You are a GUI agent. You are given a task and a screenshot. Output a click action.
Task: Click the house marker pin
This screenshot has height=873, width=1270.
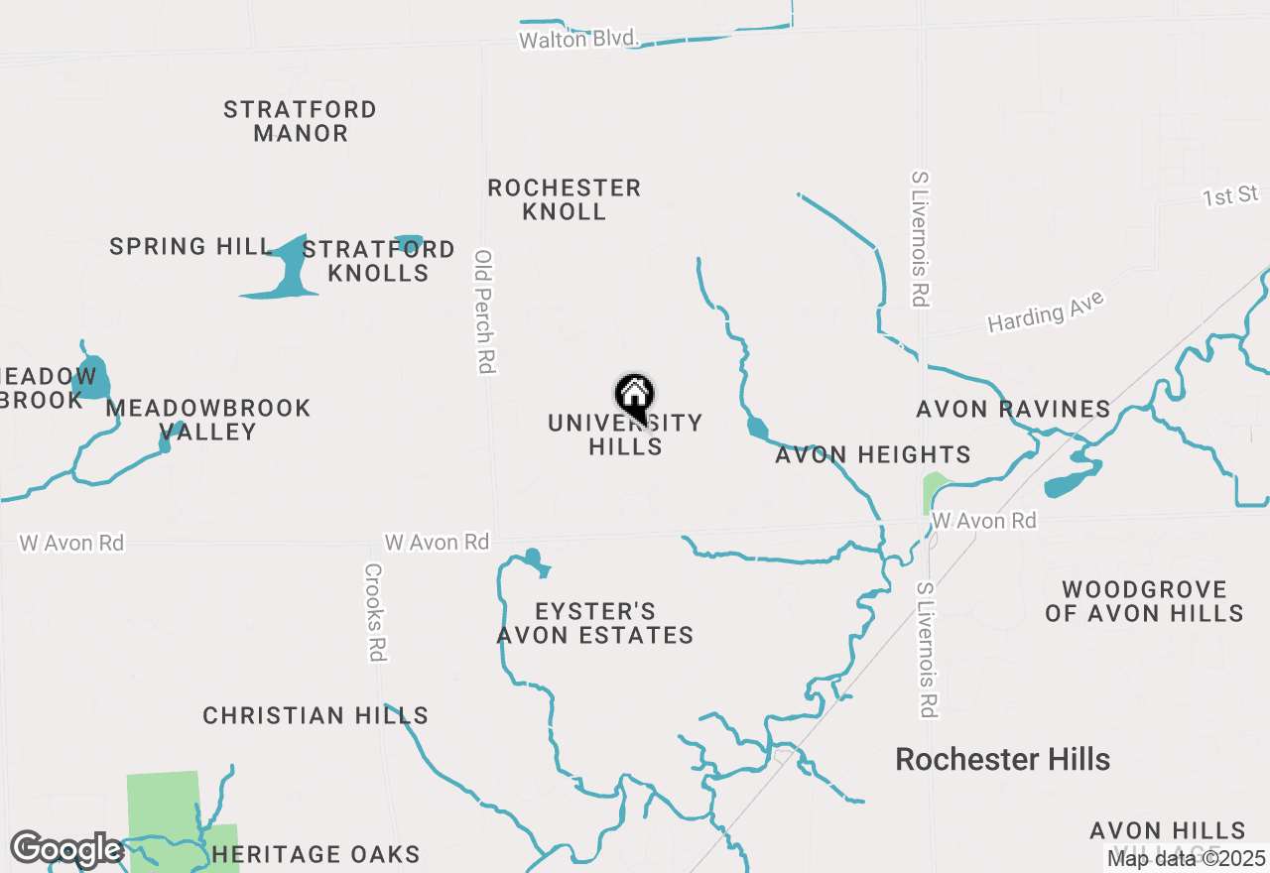[634, 396]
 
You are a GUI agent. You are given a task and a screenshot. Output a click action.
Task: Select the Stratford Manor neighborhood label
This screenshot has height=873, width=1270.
[300, 121]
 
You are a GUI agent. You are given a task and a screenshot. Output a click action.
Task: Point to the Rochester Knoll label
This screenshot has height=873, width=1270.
[564, 199]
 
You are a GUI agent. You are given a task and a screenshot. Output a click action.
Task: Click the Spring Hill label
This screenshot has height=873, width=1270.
[190, 246]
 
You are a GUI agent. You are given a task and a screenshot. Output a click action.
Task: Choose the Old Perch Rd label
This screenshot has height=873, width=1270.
[484, 311]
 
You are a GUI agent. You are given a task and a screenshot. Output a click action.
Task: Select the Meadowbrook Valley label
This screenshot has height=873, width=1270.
[208, 420]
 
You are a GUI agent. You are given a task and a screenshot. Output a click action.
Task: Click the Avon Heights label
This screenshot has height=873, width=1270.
[872, 455]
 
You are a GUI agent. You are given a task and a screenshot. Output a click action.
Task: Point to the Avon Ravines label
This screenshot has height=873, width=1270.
[1013, 409]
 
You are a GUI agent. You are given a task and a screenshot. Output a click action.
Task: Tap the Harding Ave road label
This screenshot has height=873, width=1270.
[1045, 312]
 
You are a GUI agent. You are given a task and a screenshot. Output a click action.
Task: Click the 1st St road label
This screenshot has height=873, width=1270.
[1230, 196]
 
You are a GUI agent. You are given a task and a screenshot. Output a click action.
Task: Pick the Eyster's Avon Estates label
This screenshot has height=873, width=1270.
[594, 623]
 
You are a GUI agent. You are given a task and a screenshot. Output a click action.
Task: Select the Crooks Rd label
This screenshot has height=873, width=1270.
[374, 612]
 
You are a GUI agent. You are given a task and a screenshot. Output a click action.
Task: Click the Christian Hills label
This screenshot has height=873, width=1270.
[316, 715]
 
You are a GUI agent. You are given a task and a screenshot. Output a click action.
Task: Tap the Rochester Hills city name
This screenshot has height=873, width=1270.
[1002, 760]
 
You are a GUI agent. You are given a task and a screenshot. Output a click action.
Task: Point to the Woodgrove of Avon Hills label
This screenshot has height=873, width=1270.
[1144, 601]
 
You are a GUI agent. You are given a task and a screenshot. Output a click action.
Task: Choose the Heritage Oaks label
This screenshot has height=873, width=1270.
[316, 854]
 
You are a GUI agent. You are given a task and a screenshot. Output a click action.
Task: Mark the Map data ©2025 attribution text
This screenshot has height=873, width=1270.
[1186, 858]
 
